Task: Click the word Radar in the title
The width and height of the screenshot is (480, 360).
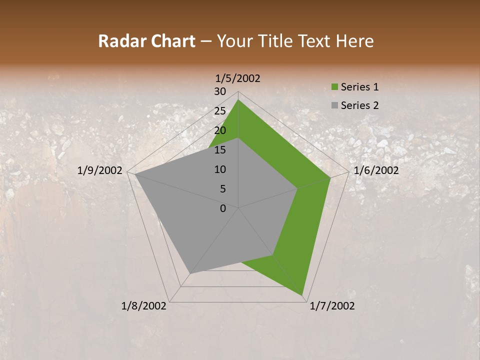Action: coord(118,41)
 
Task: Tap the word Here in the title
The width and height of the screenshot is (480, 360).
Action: coord(355,41)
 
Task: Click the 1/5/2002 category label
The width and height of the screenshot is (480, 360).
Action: coord(237,78)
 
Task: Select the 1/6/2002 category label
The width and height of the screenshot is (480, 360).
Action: coord(376,170)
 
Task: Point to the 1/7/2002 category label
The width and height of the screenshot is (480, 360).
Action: coord(332,306)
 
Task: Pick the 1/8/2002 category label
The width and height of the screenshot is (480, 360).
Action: coord(144,306)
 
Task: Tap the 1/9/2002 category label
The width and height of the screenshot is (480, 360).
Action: coord(100,170)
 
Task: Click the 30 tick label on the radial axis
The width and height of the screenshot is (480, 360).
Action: coord(220,91)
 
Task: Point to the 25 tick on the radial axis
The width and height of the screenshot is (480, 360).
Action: coord(220,111)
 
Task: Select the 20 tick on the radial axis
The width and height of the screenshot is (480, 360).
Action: coord(220,130)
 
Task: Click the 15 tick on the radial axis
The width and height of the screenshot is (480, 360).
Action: coord(220,150)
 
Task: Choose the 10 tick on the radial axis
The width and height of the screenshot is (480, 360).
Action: coord(220,169)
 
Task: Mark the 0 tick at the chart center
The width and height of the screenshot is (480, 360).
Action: coord(223,208)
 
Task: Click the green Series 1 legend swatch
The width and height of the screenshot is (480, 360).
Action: coord(335,87)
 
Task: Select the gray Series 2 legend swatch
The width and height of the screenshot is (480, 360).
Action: coord(335,105)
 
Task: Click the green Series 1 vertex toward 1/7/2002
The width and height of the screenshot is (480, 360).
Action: coord(302,295)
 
